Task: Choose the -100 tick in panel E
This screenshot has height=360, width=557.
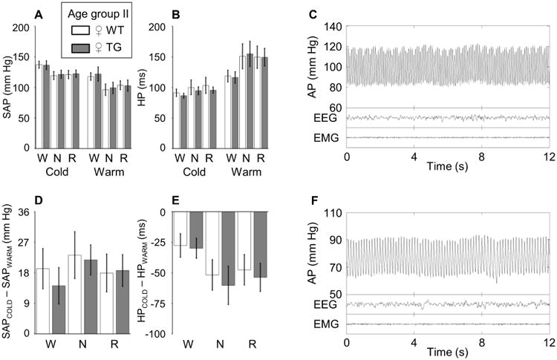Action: coord(159,334)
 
